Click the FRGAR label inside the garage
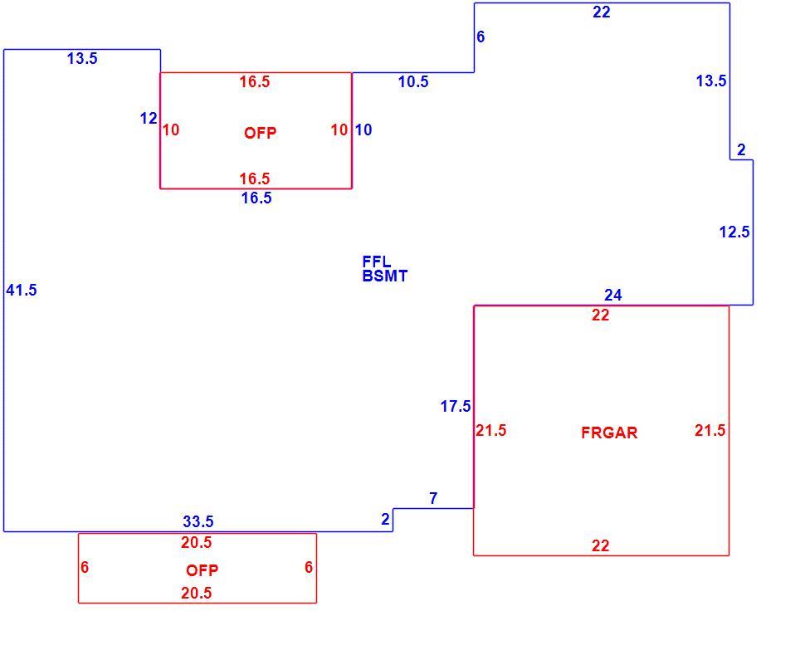pos(609,433)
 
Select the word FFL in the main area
pos(376,262)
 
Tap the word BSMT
pos(384,276)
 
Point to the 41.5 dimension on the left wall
pos(22,291)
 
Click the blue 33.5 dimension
pos(198,521)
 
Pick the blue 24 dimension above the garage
pos(613,295)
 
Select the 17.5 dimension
pos(456,406)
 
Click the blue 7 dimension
pos(433,498)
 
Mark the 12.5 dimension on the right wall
pos(734,232)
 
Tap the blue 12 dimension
pos(149,118)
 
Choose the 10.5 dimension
pos(413,81)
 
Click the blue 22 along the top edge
pos(601,12)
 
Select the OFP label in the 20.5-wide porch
pos(202,569)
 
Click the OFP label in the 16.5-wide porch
pos(260,133)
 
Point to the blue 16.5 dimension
pos(256,198)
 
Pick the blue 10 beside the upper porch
pos(363,130)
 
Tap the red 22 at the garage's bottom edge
pos(600,545)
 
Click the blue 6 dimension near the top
pos(481,37)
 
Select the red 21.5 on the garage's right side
pos(710,430)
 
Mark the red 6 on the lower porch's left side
pos(85,567)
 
